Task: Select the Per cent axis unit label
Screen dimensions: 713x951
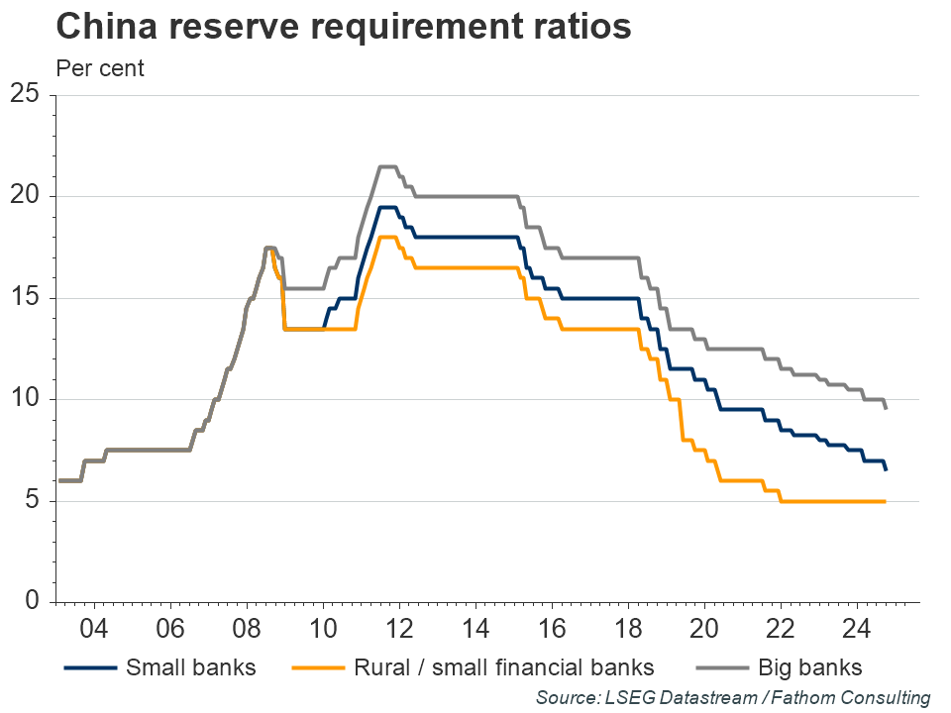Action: coord(100,68)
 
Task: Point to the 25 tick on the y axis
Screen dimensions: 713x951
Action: coord(24,95)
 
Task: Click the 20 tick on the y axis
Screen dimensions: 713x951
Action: coord(24,196)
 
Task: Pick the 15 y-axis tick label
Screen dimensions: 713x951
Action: coord(24,298)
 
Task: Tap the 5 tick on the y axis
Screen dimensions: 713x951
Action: coord(31,501)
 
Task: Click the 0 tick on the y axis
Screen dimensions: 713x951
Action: coord(31,602)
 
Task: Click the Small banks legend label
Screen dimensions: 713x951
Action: coord(190,666)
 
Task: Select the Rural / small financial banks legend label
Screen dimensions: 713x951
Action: coord(504,666)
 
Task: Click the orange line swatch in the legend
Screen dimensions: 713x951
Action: coord(315,667)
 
